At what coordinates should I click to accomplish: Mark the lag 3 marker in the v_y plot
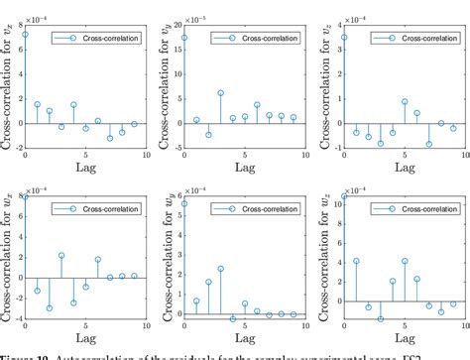(x=220, y=92)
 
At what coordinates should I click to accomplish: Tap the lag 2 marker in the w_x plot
(x=50, y=308)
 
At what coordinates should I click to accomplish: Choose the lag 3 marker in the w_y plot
(x=220, y=268)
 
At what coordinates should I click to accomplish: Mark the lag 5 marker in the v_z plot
(x=405, y=101)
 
